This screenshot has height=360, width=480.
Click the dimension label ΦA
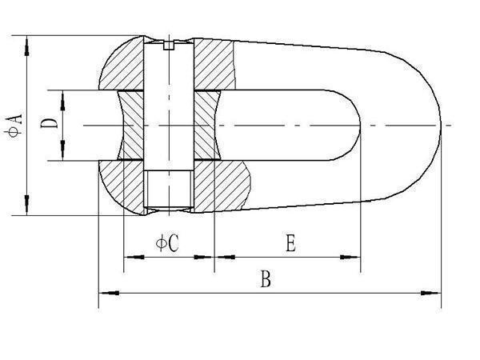click(14, 126)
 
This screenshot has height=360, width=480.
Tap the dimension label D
click(49, 123)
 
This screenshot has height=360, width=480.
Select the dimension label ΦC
click(167, 243)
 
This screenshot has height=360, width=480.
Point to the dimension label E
click(290, 242)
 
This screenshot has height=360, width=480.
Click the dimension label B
click(266, 278)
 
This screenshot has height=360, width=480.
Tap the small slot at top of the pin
click(169, 45)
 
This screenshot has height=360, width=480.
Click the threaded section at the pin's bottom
click(168, 188)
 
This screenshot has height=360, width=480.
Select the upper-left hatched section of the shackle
click(122, 63)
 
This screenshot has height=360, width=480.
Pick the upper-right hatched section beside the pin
click(214, 64)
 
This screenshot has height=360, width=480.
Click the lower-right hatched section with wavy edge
click(222, 186)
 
